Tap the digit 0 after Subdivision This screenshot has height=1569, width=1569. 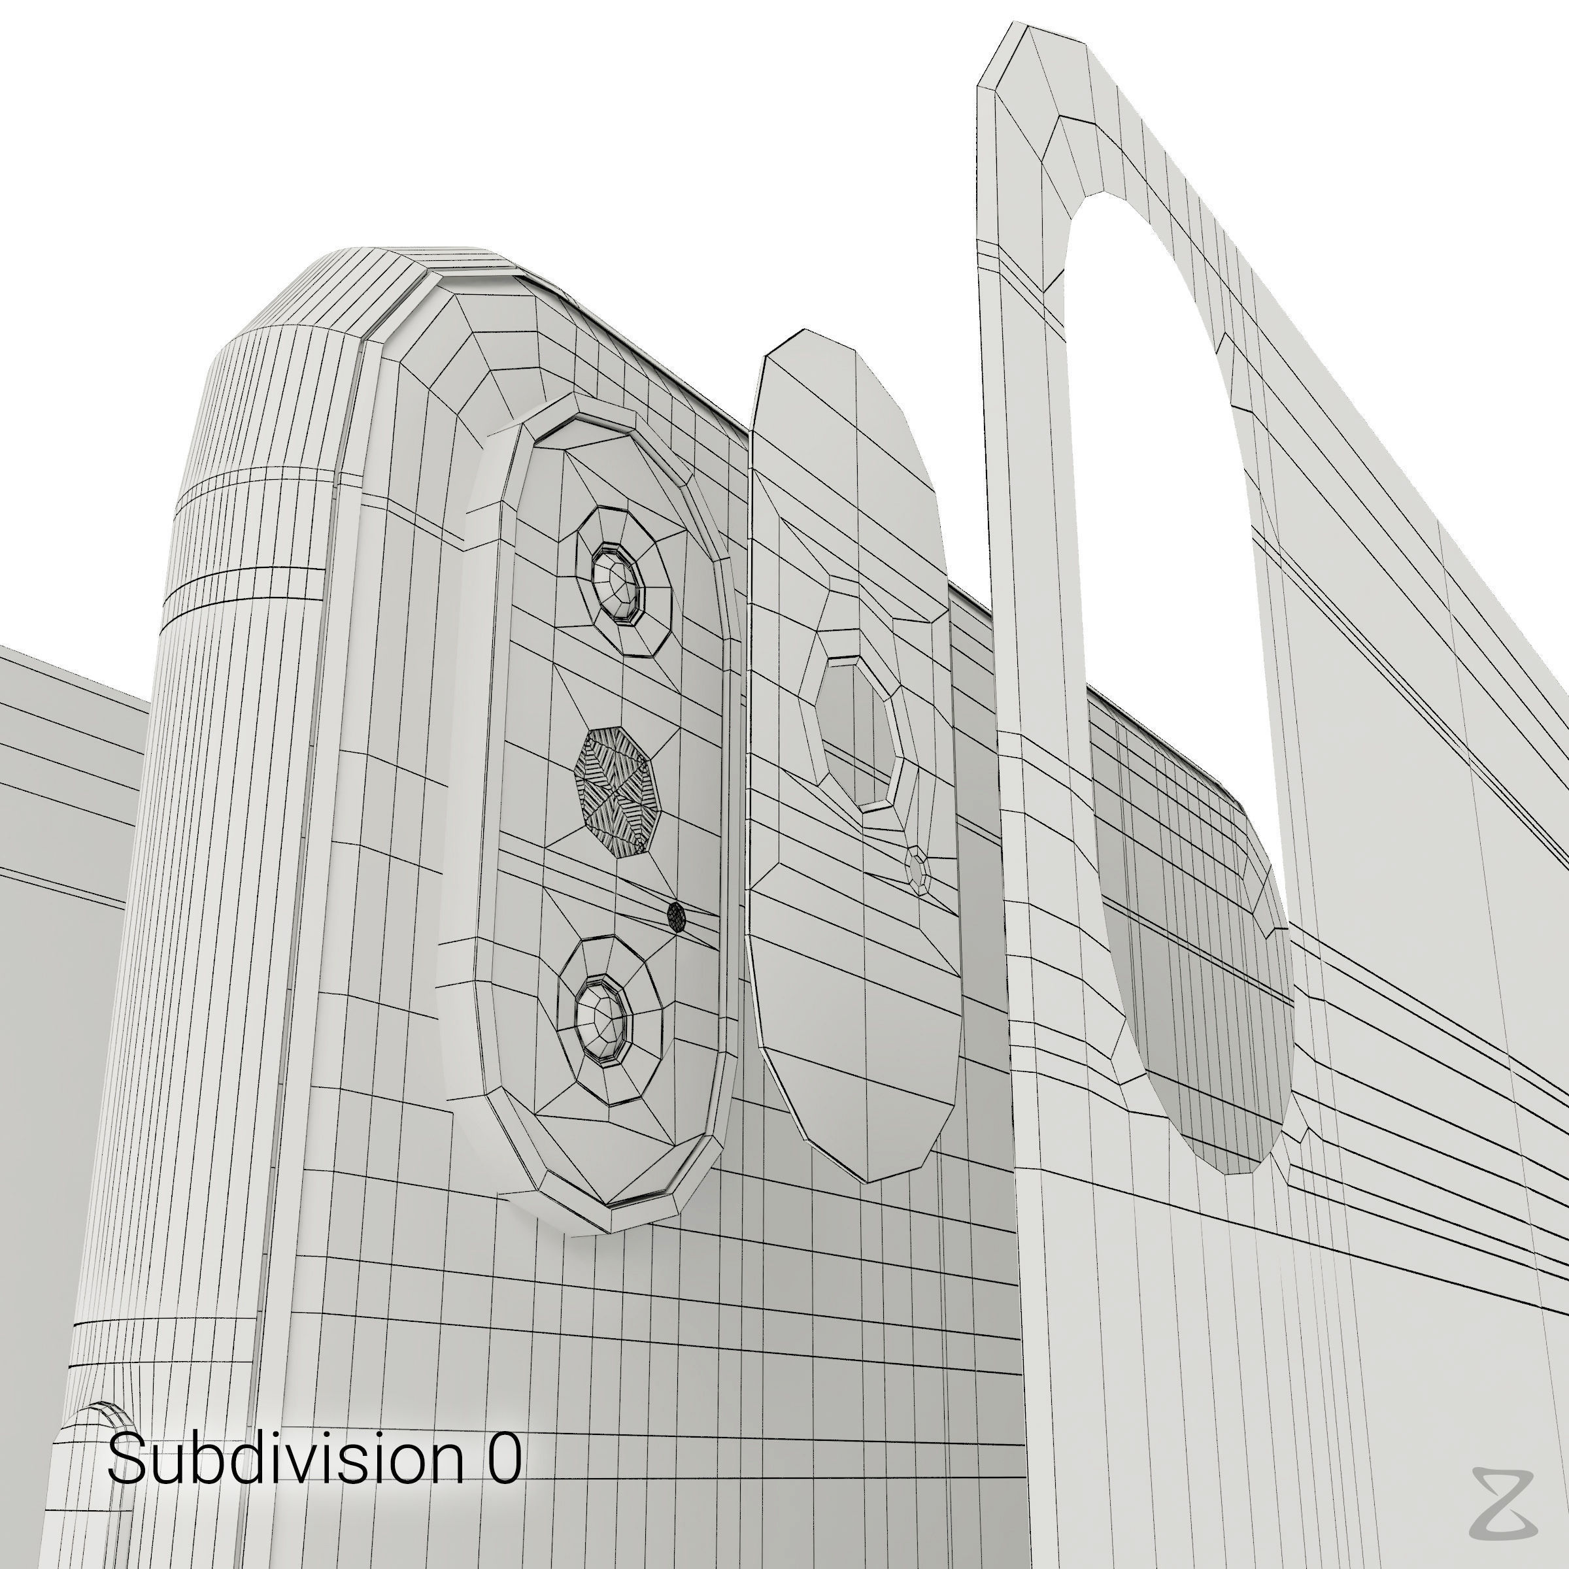[503, 1457]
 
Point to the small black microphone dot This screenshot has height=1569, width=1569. [676, 917]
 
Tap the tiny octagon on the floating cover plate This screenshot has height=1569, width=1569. [917, 871]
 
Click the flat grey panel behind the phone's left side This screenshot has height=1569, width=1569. [65, 812]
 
